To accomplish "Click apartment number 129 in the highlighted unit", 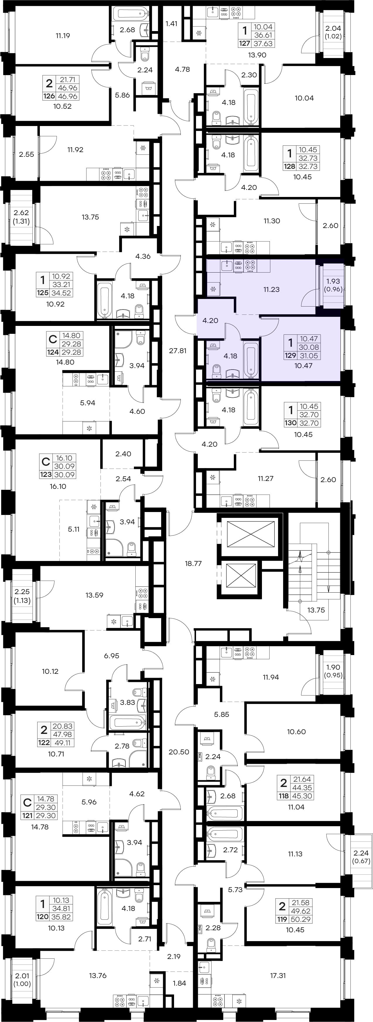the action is pos(290,356).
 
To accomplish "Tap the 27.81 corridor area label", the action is pos(178,351).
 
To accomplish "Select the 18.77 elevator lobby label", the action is pos(193,563).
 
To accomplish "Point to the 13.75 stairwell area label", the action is pos(316,610).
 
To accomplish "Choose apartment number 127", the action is pos(244,44).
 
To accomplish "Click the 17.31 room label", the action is pos(278,975).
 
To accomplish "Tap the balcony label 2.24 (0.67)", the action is pos(361,857).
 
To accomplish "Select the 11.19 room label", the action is pos(63,36).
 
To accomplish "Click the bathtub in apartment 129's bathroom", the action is pos(251,360).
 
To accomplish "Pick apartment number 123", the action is pos(46,475).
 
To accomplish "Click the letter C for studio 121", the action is pos(27,802).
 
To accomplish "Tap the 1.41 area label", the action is pos(171,23).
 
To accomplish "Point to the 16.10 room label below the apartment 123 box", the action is pos(58,487).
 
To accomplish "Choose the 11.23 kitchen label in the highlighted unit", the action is pos(271,290).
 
